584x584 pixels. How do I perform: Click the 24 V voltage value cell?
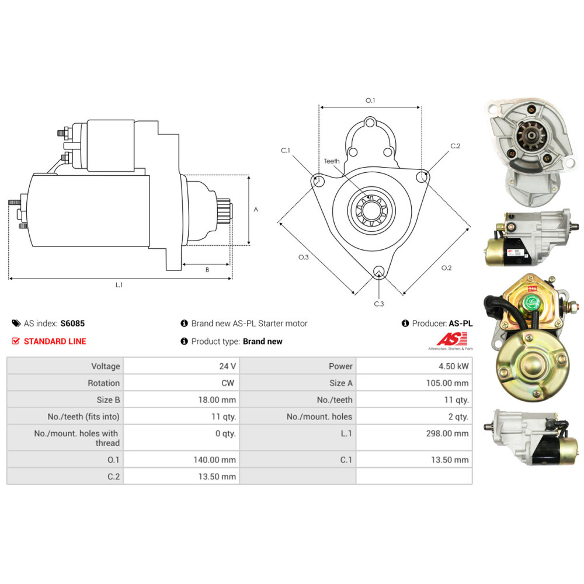[227, 366]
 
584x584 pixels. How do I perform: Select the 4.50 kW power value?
[456, 366]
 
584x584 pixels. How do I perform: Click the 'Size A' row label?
[341, 383]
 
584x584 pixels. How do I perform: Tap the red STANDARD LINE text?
[54, 341]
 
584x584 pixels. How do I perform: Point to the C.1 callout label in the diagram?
[286, 151]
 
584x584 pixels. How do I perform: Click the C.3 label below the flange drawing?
[379, 304]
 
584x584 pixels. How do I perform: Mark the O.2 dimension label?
[446, 268]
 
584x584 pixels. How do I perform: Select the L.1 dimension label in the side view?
[119, 285]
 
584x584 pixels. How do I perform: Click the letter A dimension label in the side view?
[256, 209]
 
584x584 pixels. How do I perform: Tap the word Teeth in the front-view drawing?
[332, 161]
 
